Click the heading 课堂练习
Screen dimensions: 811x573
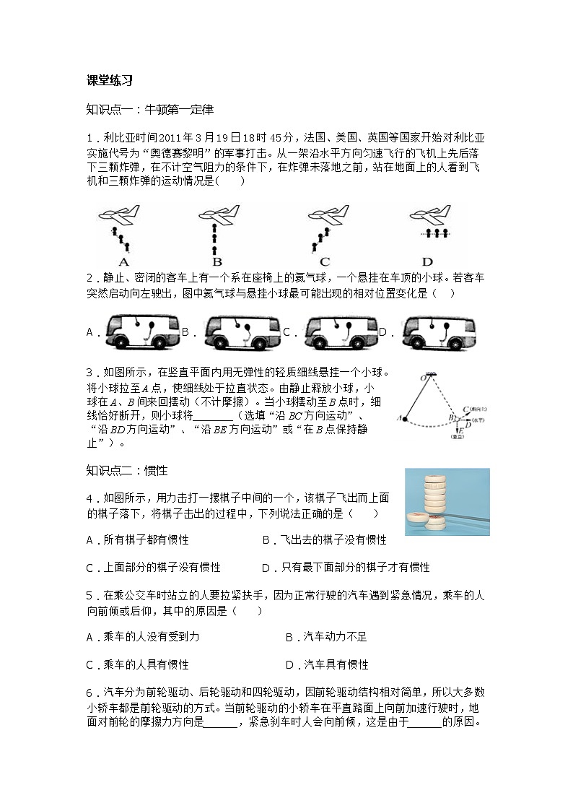(109, 81)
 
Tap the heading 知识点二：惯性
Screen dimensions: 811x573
(126, 470)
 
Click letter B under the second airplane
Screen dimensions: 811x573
(217, 261)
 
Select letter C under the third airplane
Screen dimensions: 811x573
(325, 261)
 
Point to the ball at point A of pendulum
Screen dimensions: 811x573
(406, 418)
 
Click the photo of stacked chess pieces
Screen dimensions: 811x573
(447, 501)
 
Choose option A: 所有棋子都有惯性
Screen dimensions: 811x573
(137, 539)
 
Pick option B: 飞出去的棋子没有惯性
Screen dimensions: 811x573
(324, 539)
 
